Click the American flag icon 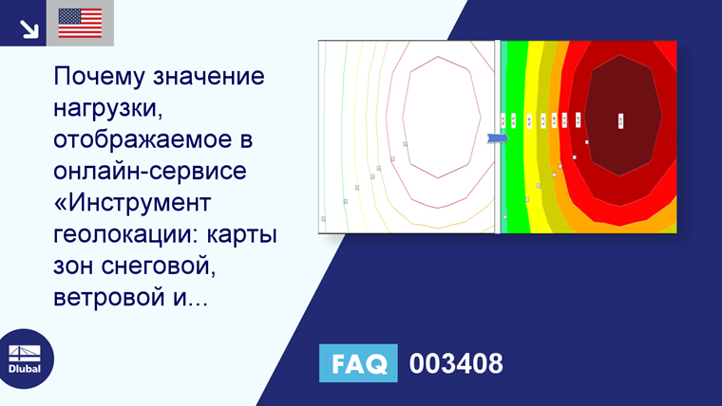coord(80,23)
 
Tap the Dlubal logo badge coord(26,360)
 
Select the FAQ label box coord(358,363)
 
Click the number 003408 coord(456,363)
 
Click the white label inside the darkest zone coord(620,120)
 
